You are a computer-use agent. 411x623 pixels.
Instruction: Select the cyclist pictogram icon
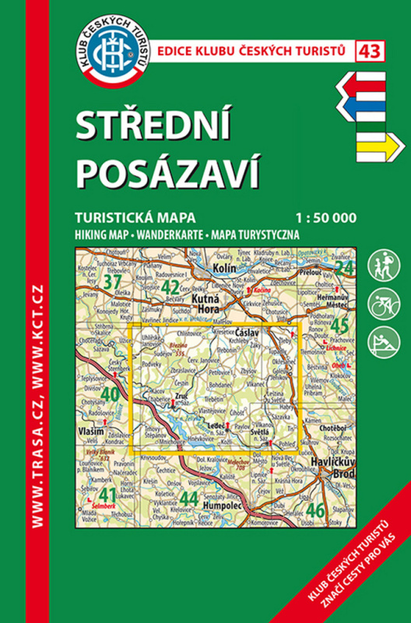pyautogui.click(x=383, y=302)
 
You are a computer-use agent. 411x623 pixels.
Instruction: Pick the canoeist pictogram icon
pyautogui.click(x=383, y=342)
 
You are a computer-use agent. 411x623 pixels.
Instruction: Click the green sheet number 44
pyautogui.click(x=188, y=497)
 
